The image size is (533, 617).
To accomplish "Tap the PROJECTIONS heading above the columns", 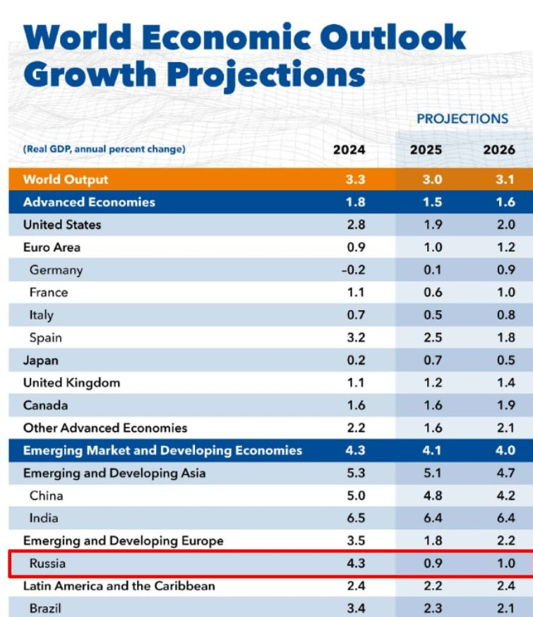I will [x=462, y=119].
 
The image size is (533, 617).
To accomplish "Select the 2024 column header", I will [x=349, y=150].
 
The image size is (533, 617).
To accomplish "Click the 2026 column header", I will [x=499, y=150].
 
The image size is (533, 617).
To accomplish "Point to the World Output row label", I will [x=66, y=180].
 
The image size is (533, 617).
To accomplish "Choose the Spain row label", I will [x=46, y=338].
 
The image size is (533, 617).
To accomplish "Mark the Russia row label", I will [x=49, y=564].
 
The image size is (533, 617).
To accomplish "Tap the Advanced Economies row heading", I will [x=89, y=202].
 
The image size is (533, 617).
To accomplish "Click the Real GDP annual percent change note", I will [x=104, y=150].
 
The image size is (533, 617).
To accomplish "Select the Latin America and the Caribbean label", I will [x=119, y=587].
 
